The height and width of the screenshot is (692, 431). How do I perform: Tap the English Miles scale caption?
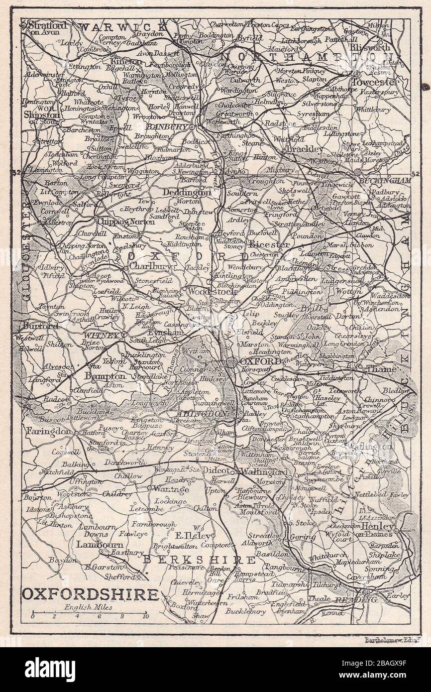[88, 607]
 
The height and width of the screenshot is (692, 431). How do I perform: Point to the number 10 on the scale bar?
[145, 616]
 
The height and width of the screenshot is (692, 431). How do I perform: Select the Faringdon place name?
[49, 431]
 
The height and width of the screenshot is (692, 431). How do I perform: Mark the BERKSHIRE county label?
[199, 560]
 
